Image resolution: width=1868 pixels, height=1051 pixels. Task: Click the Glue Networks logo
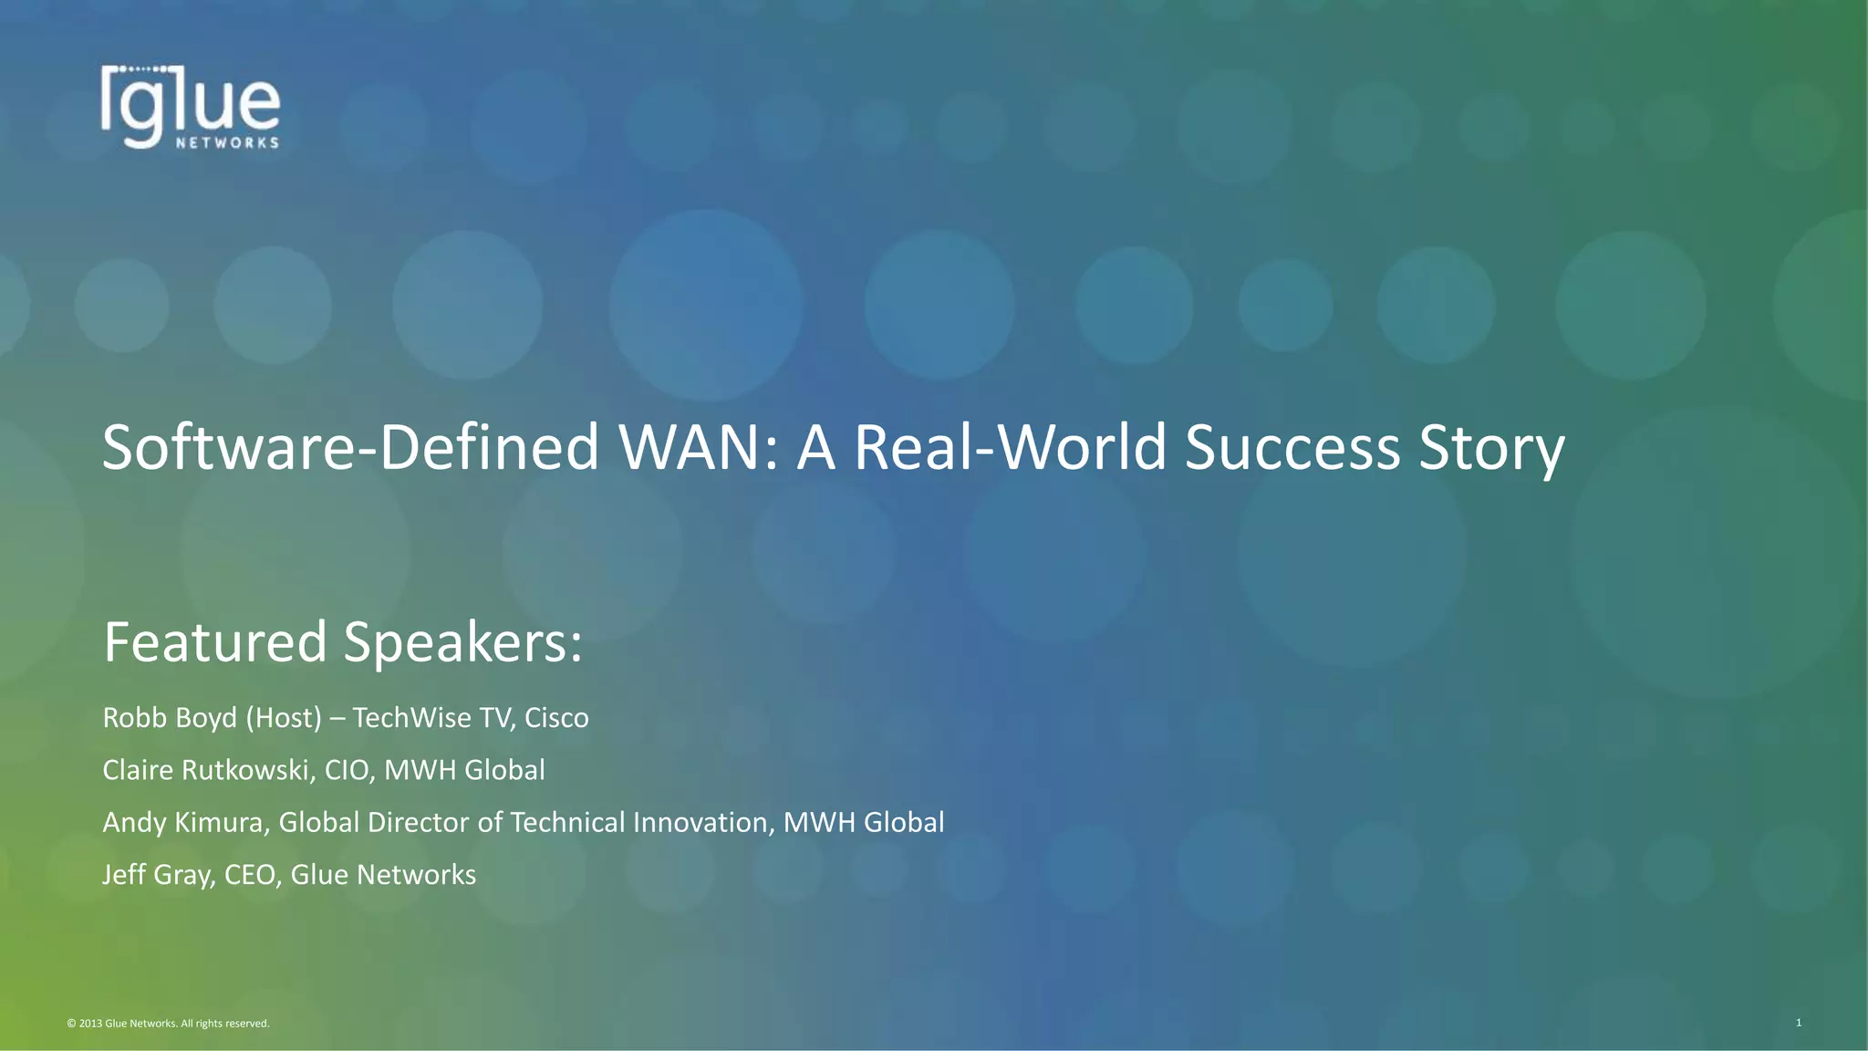pyautogui.click(x=190, y=107)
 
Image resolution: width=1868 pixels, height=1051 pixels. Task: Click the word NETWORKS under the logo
pyautogui.click(x=227, y=143)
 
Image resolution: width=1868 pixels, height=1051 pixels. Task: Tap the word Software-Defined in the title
pyautogui.click(x=350, y=448)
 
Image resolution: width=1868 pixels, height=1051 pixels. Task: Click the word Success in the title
pyautogui.click(x=1292, y=448)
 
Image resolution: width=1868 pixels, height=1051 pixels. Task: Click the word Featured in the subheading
pyautogui.click(x=215, y=641)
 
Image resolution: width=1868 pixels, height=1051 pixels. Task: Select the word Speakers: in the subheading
pyautogui.click(x=462, y=643)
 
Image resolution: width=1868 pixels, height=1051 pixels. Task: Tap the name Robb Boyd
pyautogui.click(x=170, y=718)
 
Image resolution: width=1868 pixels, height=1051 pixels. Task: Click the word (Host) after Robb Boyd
pyautogui.click(x=284, y=718)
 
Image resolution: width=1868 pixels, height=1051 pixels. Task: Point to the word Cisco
pyautogui.click(x=556, y=718)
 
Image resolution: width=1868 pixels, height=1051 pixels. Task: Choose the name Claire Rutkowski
pyautogui.click(x=206, y=770)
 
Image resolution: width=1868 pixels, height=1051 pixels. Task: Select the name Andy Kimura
pyautogui.click(x=182, y=822)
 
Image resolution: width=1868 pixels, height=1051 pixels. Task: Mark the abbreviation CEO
pyautogui.click(x=250, y=875)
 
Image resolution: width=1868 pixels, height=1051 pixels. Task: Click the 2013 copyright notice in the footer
pyautogui.click(x=169, y=1024)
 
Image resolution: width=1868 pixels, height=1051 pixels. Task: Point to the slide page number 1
pyautogui.click(x=1799, y=1023)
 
